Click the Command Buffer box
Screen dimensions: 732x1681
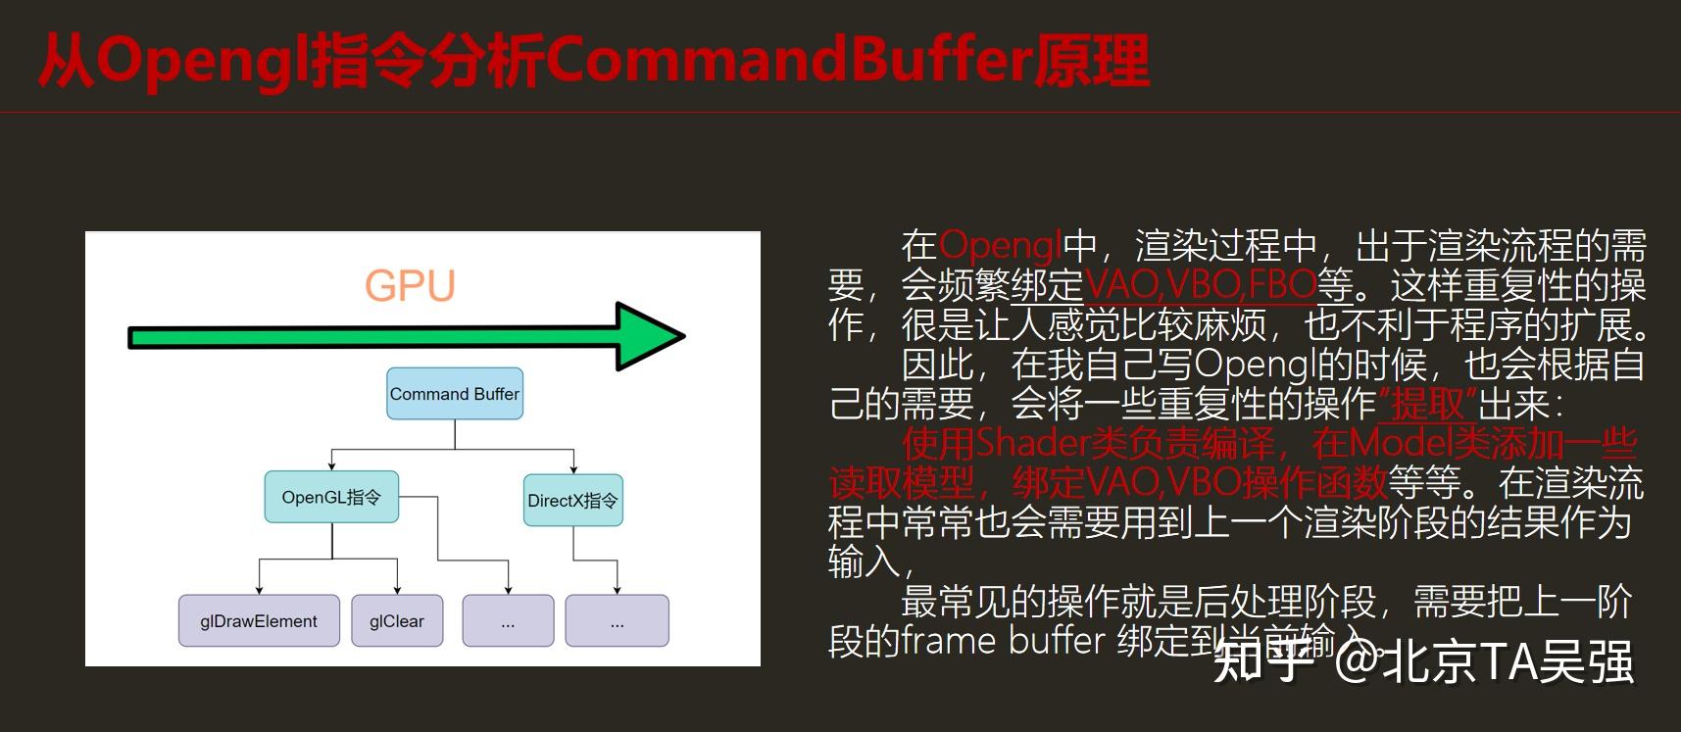(455, 394)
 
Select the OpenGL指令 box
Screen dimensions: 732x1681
(331, 497)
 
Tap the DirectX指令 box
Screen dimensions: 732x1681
(572, 501)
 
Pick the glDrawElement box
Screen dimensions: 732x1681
(259, 621)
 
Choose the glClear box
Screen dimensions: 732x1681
(397, 621)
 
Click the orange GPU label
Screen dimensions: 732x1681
(410, 285)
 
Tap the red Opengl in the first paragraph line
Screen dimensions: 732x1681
(1001, 245)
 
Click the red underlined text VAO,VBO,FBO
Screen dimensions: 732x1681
(1200, 285)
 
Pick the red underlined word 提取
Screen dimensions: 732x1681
(1428, 404)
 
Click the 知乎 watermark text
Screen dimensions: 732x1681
(1262, 661)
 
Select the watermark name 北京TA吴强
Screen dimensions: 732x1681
(1508, 661)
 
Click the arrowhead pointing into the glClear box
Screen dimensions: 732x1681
(397, 589)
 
